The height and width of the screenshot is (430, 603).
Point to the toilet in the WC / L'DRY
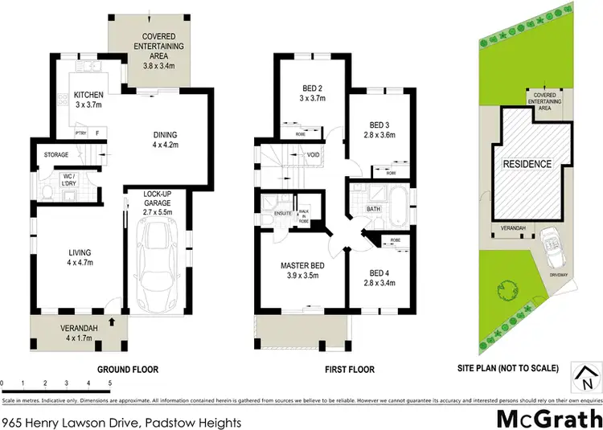tap(47, 190)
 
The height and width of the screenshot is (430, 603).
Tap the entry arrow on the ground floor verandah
tap(113, 321)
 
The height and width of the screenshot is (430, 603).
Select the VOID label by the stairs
tap(314, 154)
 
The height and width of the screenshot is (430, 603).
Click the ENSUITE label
tap(282, 215)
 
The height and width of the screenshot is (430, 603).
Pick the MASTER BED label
tap(301, 266)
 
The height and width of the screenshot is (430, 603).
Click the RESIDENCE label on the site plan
tap(527, 165)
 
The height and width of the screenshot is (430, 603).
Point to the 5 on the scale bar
tap(108, 383)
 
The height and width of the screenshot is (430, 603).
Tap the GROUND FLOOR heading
tap(128, 370)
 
